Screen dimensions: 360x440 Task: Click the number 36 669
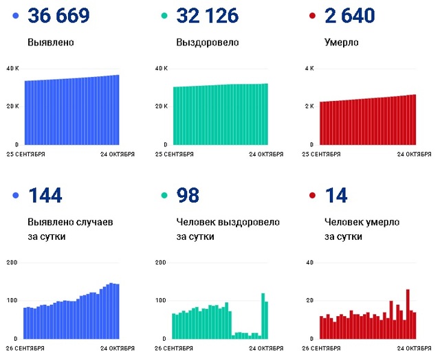pos(58,16)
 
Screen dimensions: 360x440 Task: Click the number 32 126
pos(207,16)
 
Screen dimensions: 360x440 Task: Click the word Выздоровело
pos(208,43)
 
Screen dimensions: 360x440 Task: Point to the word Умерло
pos(342,43)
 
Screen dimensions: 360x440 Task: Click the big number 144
pos(45,195)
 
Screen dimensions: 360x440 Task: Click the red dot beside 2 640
pos(312,16)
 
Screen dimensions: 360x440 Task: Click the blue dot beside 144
pos(16,196)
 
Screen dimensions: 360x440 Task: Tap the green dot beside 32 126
pos(164,16)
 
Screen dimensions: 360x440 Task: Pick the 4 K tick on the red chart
pos(309,69)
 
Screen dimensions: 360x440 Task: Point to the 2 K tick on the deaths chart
pos(309,106)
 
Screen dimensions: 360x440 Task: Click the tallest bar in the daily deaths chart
pos(408,314)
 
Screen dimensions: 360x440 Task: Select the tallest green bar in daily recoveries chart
pos(263,316)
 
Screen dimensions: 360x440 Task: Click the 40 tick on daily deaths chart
pos(309,263)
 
